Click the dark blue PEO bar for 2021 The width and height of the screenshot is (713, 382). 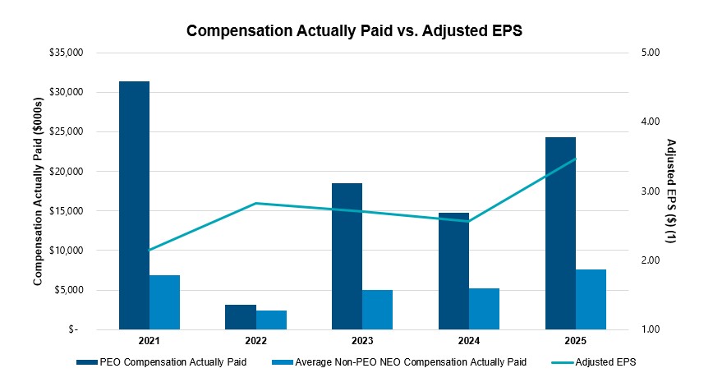[x=134, y=205]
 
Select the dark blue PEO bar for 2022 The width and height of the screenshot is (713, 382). [x=241, y=317]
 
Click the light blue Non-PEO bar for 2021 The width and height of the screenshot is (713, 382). [x=164, y=302]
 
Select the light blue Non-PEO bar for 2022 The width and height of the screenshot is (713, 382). [x=271, y=320]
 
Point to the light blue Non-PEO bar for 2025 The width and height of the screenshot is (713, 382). [x=591, y=300]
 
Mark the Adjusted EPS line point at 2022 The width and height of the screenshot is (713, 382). [x=255, y=203]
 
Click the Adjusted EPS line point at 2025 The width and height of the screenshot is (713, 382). [x=575, y=159]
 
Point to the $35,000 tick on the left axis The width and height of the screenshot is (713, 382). [x=67, y=53]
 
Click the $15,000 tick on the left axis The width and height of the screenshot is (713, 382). [x=67, y=211]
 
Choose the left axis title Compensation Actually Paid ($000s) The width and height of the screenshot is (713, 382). [x=38, y=191]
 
